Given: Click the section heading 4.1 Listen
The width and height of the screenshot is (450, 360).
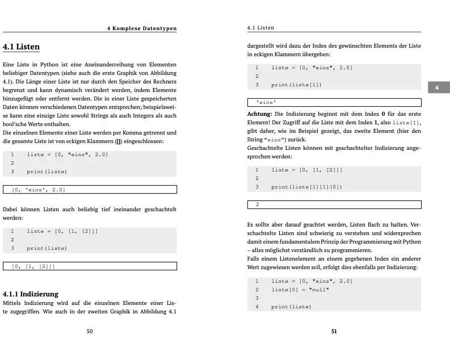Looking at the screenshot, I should (x=21, y=46).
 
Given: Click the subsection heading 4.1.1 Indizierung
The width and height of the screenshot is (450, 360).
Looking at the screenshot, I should (x=31, y=294).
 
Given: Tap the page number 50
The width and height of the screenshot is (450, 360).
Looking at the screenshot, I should (x=89, y=332).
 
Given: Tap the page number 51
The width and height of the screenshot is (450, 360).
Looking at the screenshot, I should (x=334, y=332).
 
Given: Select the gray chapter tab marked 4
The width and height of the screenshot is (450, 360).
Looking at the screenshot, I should (x=437, y=87).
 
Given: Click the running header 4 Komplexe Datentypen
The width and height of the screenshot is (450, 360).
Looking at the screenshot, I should (x=142, y=28).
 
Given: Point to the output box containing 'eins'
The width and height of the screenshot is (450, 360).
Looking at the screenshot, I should (x=334, y=103).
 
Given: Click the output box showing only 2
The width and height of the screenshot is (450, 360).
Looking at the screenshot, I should (x=334, y=204).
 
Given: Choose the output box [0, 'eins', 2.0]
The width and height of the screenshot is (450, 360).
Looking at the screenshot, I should (x=90, y=190).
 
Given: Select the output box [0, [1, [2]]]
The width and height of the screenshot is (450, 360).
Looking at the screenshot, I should (x=90, y=266).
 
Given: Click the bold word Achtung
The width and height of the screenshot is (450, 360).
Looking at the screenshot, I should (x=259, y=114).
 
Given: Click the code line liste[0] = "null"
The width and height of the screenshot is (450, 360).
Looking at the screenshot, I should (x=300, y=290).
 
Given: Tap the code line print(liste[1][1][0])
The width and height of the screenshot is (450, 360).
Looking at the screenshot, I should (x=306, y=186).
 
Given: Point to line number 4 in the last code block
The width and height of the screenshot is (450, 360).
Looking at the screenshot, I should (x=257, y=307).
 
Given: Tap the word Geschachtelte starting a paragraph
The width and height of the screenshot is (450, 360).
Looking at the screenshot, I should (x=267, y=148).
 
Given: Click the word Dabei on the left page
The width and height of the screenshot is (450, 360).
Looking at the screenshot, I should (x=11, y=209).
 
